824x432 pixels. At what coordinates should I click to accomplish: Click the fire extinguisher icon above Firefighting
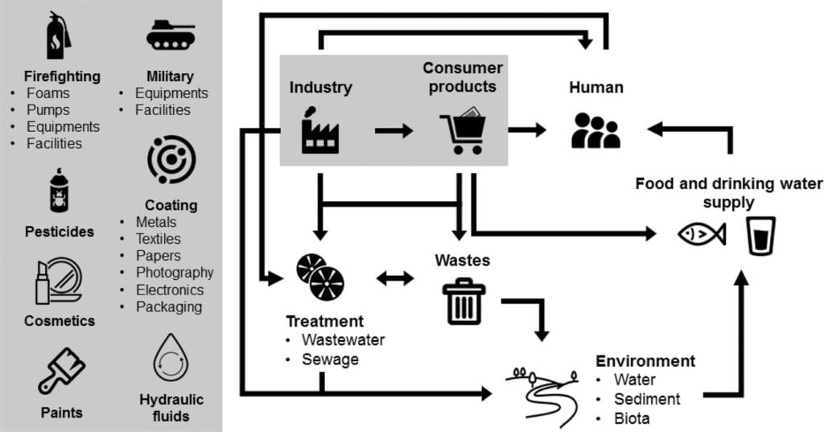coord(57,37)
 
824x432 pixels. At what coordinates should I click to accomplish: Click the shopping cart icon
coord(463,131)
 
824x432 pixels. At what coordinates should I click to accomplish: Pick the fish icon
coord(701,234)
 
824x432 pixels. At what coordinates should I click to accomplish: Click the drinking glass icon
coord(760,235)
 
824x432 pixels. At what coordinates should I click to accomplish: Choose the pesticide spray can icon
coord(59,193)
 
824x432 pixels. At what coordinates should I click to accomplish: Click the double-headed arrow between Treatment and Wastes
coord(395,278)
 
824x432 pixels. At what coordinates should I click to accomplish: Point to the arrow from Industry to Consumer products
coord(393,130)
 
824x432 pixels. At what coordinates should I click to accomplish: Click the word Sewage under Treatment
coord(330,358)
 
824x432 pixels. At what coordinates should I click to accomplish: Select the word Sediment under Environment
coord(647,398)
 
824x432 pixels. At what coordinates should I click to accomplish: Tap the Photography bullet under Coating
coord(174,273)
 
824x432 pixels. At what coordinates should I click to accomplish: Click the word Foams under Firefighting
coord(48,93)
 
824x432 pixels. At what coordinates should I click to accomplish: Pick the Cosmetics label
coord(59,321)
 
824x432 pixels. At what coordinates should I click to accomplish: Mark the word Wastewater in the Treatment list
coord(343,339)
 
